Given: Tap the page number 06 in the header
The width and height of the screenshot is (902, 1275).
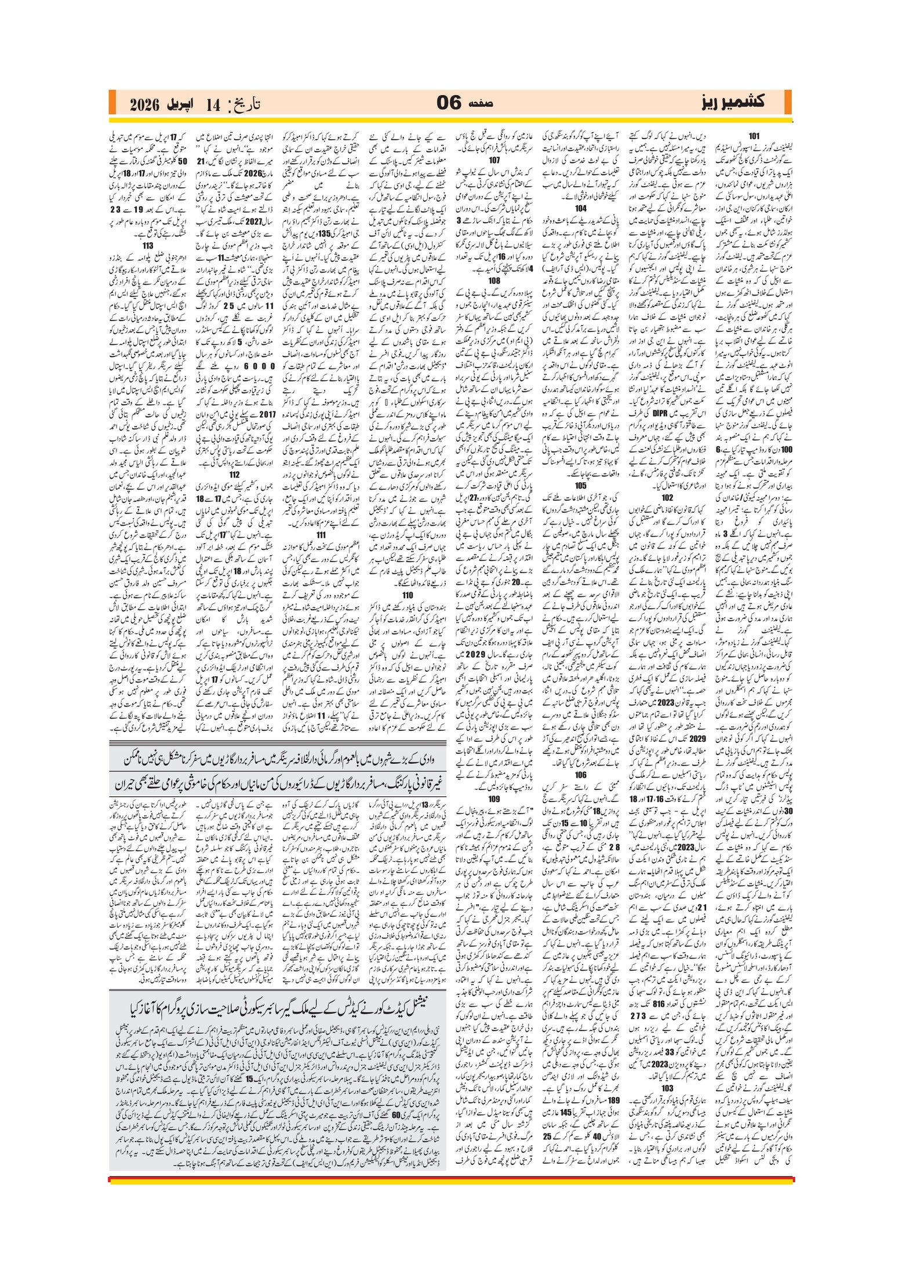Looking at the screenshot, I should [449, 103].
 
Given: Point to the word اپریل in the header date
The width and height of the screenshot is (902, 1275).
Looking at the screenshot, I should [181, 104].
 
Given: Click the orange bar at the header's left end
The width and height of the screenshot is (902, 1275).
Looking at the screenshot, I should [112, 103].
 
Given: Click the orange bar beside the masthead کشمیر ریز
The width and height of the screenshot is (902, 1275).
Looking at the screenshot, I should [787, 103].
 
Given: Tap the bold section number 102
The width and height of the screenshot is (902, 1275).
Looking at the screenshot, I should [667, 497].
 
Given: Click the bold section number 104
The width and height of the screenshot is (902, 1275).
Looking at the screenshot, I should [580, 208].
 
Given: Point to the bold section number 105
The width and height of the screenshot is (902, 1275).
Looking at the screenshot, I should [580, 486].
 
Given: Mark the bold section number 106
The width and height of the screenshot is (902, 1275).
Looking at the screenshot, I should [580, 775].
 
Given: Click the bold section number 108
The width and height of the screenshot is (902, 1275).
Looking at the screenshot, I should [494, 280].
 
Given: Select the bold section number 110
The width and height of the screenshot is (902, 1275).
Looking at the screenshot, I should [408, 595].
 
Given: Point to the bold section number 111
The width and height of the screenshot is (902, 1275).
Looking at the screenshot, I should [321, 534].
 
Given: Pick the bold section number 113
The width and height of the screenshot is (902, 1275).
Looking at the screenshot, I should [148, 245].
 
